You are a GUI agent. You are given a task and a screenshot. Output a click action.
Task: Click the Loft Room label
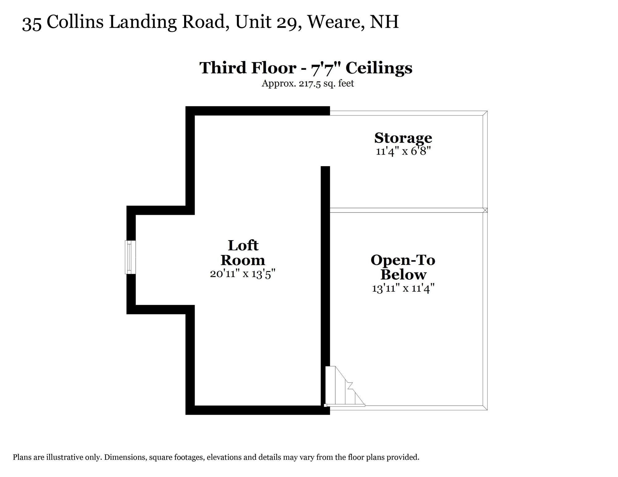coord(243,253)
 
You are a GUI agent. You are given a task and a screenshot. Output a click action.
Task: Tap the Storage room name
coord(403,138)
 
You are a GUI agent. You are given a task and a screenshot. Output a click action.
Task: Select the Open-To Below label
coord(403,267)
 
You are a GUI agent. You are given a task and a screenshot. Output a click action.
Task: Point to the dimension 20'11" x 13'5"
coord(243,274)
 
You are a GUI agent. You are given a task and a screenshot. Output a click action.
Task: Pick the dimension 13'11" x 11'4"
coord(403,288)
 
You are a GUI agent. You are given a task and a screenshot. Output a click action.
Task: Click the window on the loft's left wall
coord(130,257)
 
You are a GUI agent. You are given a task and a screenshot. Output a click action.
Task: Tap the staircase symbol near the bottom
coord(345,387)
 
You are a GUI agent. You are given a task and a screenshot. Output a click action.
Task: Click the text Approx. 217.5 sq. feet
coord(307,84)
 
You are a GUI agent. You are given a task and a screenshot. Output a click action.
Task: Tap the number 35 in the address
coord(32,23)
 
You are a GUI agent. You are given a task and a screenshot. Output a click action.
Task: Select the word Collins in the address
coord(75,22)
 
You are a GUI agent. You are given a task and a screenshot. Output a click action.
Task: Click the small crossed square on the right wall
coord(485,210)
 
